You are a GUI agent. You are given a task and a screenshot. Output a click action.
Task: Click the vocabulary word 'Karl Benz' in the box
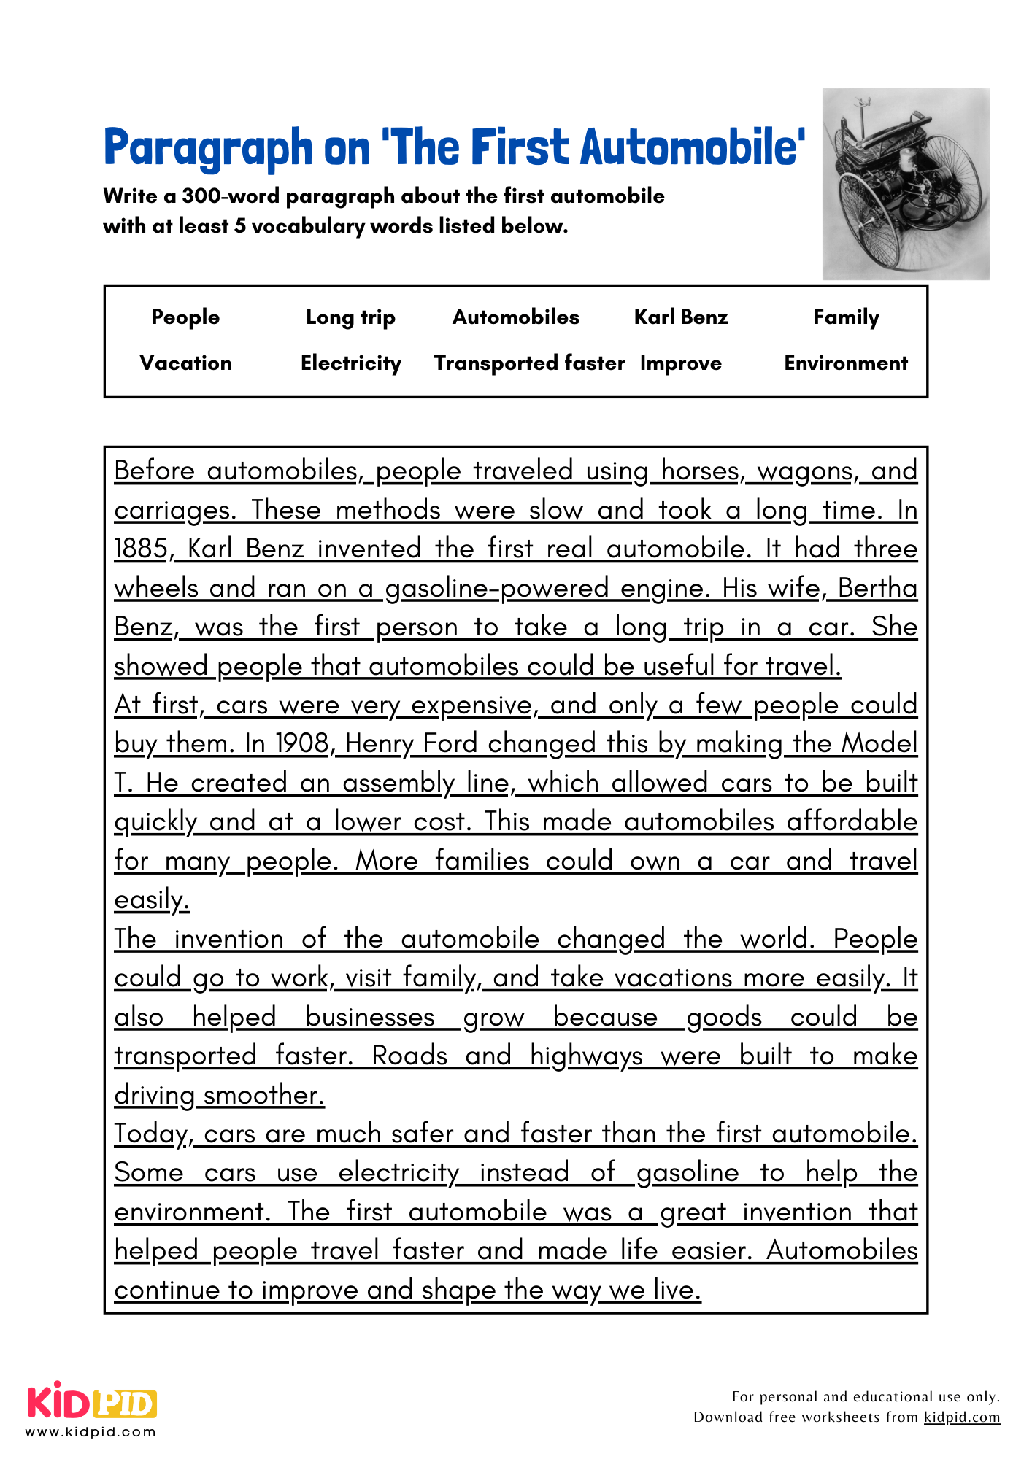click(x=680, y=317)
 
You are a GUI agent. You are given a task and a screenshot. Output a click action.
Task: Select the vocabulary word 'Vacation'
click(x=185, y=363)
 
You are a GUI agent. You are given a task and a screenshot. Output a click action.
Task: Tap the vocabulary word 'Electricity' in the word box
click(x=351, y=363)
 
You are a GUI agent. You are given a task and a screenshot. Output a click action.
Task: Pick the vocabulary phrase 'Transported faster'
click(x=529, y=363)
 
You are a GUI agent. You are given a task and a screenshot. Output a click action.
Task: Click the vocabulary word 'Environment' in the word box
click(x=846, y=363)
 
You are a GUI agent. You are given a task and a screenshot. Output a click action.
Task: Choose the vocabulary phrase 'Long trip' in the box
click(x=350, y=317)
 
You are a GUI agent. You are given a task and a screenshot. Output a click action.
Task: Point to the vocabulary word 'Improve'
click(x=680, y=363)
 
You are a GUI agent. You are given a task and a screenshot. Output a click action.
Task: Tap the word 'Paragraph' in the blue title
click(x=208, y=149)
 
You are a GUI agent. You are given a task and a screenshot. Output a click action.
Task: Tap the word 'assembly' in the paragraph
click(x=398, y=783)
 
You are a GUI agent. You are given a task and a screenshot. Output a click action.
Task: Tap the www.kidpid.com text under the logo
click(x=91, y=1432)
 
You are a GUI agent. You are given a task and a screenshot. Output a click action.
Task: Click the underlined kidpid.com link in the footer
click(x=961, y=1417)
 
